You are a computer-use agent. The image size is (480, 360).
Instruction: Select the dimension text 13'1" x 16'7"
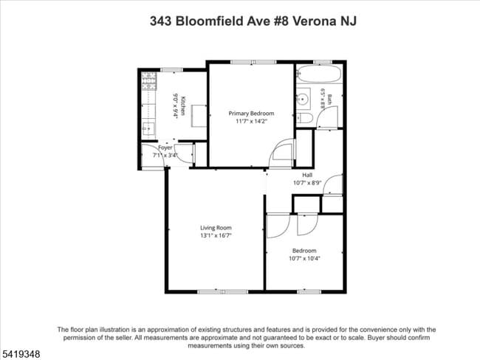click(216, 236)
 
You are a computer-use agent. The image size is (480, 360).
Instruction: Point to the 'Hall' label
click(306, 175)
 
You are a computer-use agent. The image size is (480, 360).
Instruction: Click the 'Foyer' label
click(165, 148)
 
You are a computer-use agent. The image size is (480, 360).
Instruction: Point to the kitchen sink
click(148, 126)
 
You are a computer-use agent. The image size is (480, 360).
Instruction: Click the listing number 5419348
click(20, 354)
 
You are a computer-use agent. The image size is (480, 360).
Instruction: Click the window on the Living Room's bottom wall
click(216, 291)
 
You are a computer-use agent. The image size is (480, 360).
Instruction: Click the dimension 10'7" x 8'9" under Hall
click(306, 183)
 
